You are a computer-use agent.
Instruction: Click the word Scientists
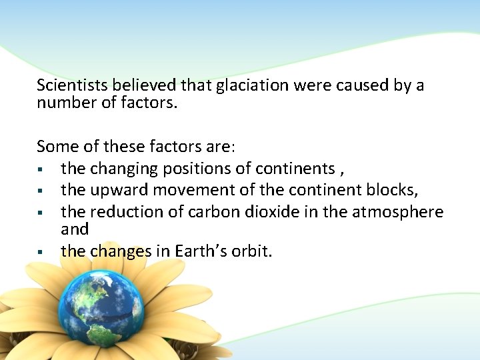(73, 85)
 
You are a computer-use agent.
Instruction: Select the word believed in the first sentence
(145, 85)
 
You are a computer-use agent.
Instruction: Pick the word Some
(55, 145)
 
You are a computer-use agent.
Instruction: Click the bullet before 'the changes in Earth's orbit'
(41, 252)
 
